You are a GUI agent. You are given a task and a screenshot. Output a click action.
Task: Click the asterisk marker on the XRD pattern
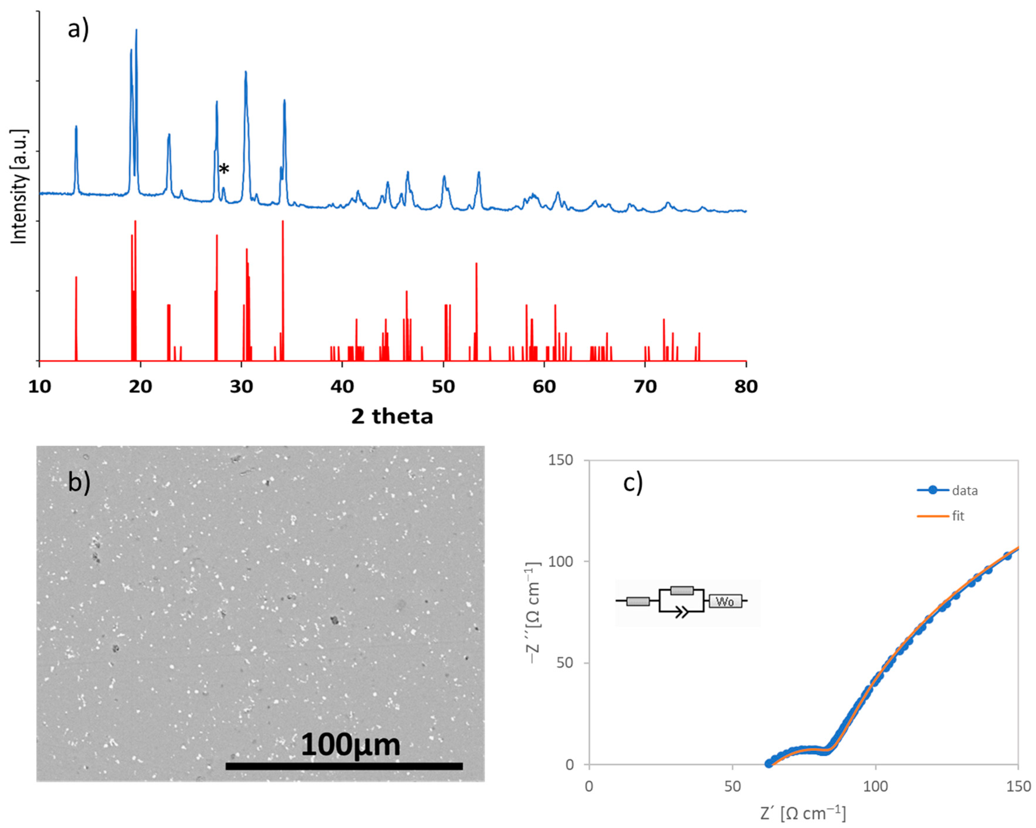pos(224,169)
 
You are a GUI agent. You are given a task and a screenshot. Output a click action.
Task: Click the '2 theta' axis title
pos(392,416)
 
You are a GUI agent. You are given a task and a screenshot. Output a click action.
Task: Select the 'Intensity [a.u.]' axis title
pos(19,187)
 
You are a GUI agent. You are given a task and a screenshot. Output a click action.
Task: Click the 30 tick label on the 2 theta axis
pos(241,386)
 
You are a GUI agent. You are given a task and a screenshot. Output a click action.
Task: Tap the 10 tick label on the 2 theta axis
pos(40,386)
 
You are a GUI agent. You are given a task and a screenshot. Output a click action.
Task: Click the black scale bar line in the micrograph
pos(344,766)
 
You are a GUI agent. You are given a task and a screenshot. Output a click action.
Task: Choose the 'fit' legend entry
pos(958,516)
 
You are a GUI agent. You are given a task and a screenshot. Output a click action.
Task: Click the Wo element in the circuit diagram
pos(725,601)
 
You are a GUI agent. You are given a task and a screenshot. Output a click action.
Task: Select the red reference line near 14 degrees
pos(76,317)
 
